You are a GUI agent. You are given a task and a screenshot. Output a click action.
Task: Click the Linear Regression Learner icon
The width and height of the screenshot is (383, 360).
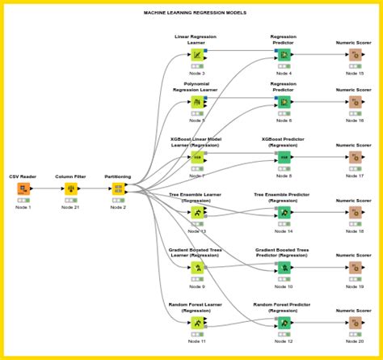click(x=197, y=55)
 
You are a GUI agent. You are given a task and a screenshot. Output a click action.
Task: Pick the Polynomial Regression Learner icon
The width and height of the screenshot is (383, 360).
click(x=197, y=103)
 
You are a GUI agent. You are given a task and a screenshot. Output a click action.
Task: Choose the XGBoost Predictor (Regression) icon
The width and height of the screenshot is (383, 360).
click(x=284, y=156)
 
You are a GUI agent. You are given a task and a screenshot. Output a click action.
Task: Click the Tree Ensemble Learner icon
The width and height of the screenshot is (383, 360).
click(x=197, y=211)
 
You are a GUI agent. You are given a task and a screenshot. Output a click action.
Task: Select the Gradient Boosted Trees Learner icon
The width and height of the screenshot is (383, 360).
click(x=197, y=266)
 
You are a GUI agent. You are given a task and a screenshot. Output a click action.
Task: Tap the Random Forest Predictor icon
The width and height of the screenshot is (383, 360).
click(x=284, y=321)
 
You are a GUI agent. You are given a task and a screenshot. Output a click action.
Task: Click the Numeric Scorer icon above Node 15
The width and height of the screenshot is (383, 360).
click(x=355, y=55)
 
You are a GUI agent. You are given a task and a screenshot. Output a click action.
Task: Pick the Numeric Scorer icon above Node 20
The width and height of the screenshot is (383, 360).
click(x=355, y=321)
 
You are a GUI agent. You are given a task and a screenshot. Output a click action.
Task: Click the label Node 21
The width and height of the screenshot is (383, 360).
click(x=70, y=207)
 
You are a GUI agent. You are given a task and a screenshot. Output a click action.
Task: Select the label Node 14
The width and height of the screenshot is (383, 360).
click(x=284, y=231)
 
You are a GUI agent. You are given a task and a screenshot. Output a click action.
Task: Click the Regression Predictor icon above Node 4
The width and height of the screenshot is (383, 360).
click(x=284, y=55)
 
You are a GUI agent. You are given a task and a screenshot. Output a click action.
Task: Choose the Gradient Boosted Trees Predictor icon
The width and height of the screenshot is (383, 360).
click(x=284, y=266)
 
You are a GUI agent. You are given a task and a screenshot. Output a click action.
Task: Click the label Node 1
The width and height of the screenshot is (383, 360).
click(x=23, y=207)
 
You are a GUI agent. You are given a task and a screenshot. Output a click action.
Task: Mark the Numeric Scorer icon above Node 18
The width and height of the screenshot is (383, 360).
click(x=355, y=211)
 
